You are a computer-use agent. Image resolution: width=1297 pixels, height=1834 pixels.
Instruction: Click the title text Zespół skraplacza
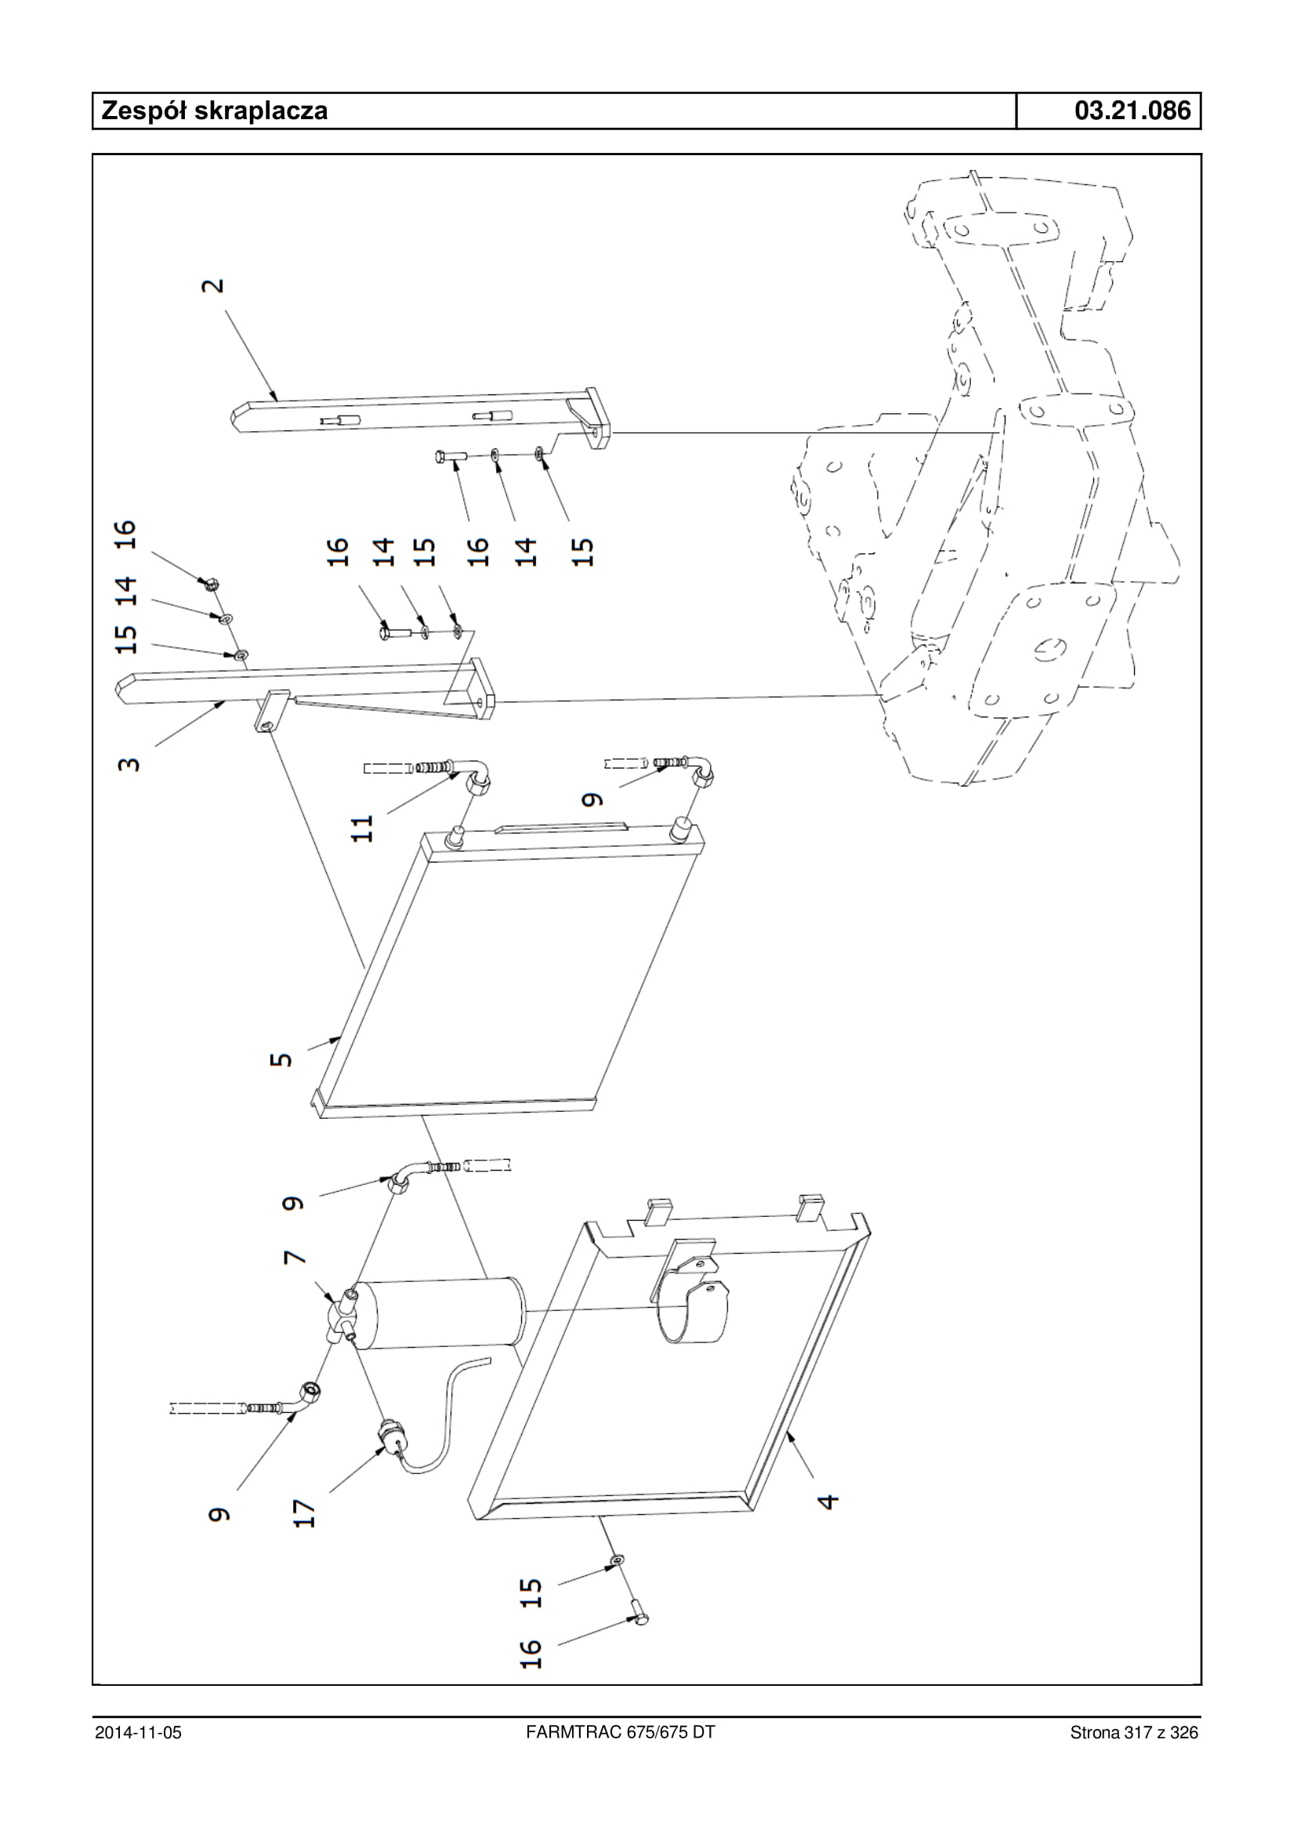(214, 111)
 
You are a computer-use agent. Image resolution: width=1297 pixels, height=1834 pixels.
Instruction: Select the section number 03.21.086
(1132, 111)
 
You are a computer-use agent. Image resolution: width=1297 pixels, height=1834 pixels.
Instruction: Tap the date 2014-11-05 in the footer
(138, 1732)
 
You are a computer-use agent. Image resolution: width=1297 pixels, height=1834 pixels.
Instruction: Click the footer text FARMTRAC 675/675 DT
(621, 1732)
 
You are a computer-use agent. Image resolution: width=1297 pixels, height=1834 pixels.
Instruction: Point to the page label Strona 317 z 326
(1134, 1732)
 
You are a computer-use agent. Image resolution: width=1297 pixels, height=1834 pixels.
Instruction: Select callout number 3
(129, 763)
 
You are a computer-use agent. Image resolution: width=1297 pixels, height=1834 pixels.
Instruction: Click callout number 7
(295, 1257)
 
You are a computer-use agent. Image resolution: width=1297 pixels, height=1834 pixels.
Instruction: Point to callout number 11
(364, 828)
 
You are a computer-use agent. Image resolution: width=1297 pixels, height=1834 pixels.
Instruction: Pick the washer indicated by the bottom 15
(618, 1560)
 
